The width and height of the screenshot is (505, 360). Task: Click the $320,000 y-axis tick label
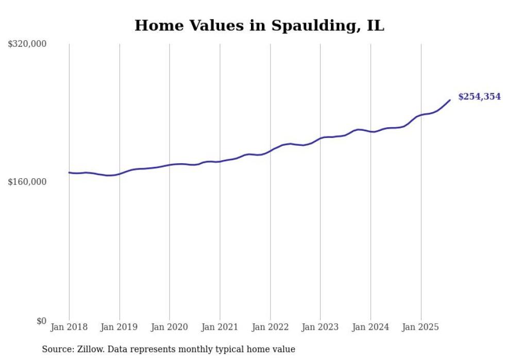coord(27,44)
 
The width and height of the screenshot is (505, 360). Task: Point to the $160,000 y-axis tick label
coord(27,182)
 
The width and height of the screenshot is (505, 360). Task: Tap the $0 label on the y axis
coord(42,321)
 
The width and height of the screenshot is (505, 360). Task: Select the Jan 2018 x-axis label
coord(69,327)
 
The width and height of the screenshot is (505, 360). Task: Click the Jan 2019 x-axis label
coord(119,327)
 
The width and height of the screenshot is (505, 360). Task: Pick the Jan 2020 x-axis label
coord(170,327)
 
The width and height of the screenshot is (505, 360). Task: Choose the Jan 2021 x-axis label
coord(220,327)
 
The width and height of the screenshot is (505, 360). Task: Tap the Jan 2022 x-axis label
coord(270,327)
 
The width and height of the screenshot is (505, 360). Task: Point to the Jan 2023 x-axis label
coord(320,327)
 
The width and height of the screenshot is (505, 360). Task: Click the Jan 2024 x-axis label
coord(371,327)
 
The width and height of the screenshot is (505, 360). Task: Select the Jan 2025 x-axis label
coord(420,327)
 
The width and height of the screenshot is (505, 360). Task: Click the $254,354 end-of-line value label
coord(479,97)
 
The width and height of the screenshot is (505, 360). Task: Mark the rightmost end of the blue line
coord(450,100)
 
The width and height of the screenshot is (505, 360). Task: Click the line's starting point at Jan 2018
coord(69,173)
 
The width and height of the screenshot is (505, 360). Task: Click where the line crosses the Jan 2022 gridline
coord(270,150)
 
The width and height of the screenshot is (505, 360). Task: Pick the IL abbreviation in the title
coord(375,25)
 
